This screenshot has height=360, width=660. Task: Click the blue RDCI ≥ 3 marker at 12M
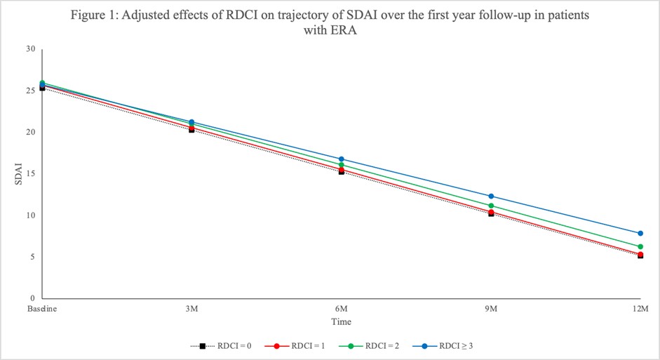coord(640,233)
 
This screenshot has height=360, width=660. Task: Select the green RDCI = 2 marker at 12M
coord(640,246)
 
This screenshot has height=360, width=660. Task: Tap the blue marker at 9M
coord(491,196)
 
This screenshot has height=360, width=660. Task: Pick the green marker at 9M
coord(491,206)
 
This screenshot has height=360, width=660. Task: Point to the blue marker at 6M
coord(341,159)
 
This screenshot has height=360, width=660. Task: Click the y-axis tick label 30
coord(30,49)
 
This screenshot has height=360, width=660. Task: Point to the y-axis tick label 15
coord(30,174)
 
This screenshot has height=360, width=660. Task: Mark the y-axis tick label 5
coord(32,257)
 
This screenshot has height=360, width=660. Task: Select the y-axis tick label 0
coord(32,299)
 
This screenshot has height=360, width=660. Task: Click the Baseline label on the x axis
coord(41,309)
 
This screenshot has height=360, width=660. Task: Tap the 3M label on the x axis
coord(191,309)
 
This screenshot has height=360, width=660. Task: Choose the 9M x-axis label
coord(491,309)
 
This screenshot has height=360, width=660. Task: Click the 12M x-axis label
coord(640,309)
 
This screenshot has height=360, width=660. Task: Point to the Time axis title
coord(341,322)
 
